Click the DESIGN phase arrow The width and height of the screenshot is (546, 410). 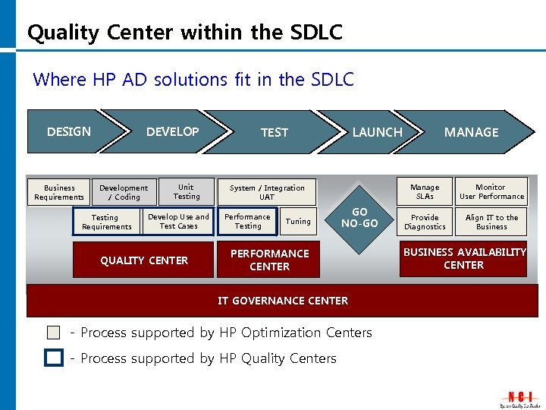(x=68, y=132)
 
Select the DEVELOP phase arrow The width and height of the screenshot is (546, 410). (x=172, y=132)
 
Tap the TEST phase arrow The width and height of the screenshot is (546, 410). (x=274, y=132)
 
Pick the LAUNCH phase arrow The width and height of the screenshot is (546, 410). (x=377, y=132)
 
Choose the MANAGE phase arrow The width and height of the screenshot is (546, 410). (x=471, y=132)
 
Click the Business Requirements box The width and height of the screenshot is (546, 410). (x=59, y=192)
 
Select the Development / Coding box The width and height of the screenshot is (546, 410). (x=124, y=192)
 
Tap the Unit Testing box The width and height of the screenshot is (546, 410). (x=186, y=191)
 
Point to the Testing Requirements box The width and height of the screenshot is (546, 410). (x=107, y=222)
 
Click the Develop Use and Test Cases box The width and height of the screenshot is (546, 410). (x=178, y=221)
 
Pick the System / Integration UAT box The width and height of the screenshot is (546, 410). (x=267, y=192)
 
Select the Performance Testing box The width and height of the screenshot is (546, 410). (x=247, y=221)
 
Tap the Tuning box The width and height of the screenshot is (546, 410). (x=298, y=222)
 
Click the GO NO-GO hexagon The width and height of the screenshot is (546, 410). (x=359, y=217)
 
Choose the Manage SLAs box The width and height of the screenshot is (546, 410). (x=425, y=191)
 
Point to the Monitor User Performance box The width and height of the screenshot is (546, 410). (x=491, y=191)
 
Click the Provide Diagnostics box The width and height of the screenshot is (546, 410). (x=425, y=222)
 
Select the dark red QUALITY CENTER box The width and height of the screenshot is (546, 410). (x=144, y=260)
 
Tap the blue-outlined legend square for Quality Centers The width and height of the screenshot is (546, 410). (x=53, y=358)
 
